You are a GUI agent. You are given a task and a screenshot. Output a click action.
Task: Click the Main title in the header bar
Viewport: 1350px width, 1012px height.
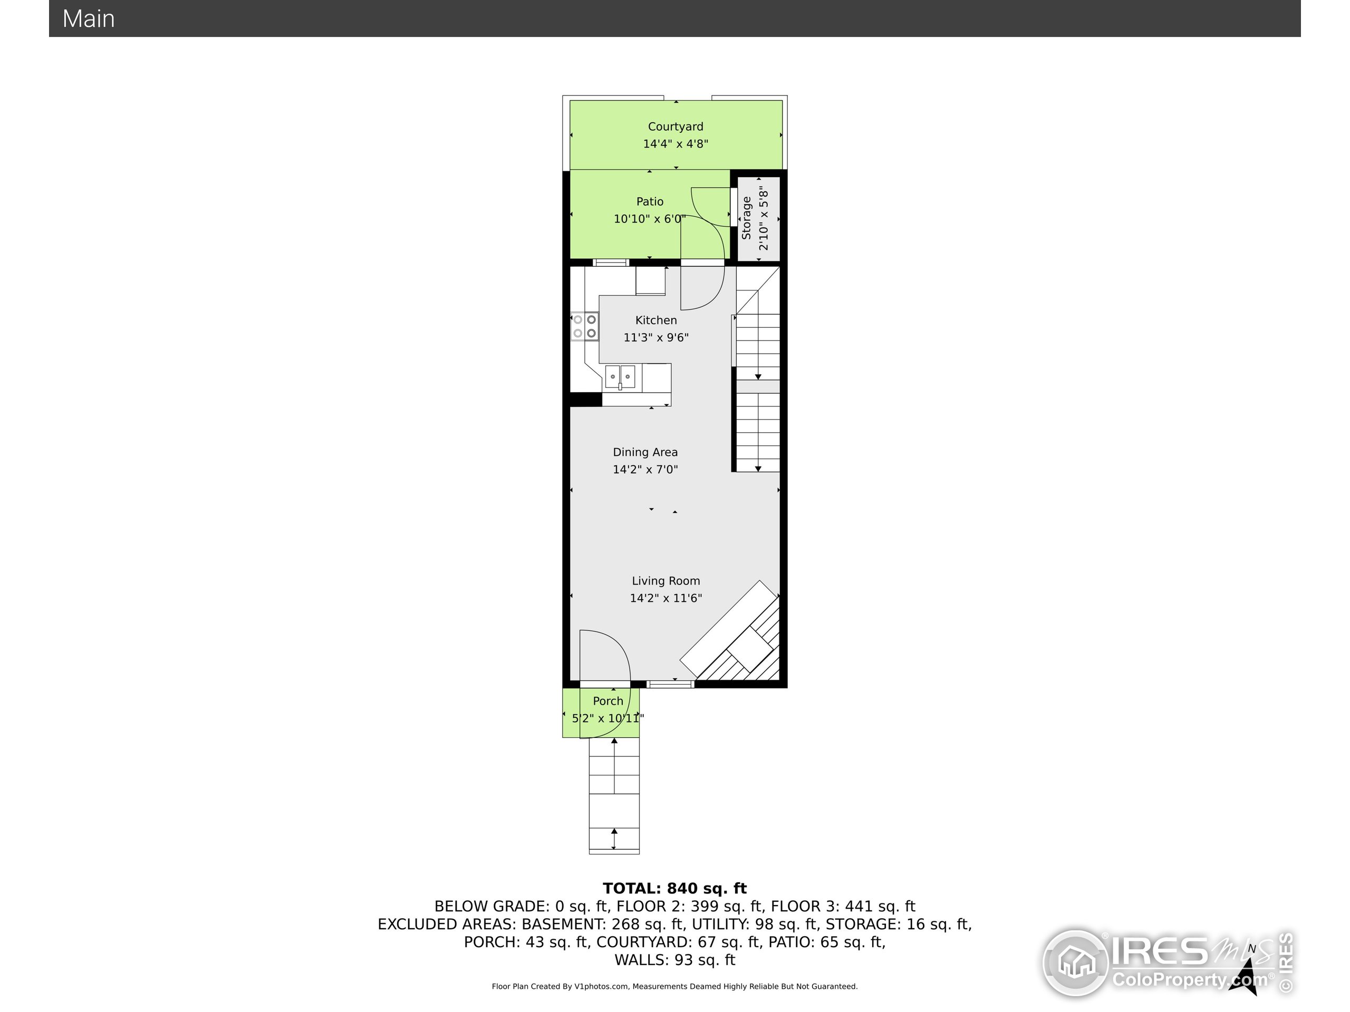[x=89, y=19]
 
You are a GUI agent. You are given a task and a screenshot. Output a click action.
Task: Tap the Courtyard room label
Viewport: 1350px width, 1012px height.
[x=675, y=126]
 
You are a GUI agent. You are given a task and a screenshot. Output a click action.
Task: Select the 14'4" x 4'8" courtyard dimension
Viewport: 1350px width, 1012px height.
[x=675, y=144]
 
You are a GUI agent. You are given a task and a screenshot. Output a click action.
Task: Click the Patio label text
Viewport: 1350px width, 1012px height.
[x=649, y=201]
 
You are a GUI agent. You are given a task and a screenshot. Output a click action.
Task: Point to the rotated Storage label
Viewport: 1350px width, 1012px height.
[x=746, y=218]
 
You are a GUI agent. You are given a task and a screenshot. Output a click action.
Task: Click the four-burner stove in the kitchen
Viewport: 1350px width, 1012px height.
[x=585, y=326]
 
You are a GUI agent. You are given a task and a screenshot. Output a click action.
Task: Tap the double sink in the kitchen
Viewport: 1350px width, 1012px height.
[x=620, y=377]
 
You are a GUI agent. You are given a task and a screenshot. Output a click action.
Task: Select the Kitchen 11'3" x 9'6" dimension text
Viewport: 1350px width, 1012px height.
[x=655, y=337]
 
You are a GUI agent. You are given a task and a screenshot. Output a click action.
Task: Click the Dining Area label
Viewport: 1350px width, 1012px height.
[x=645, y=452]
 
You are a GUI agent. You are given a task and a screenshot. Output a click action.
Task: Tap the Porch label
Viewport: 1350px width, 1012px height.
[x=608, y=701]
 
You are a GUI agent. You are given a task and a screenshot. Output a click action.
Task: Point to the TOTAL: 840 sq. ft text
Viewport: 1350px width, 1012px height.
[x=674, y=888]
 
